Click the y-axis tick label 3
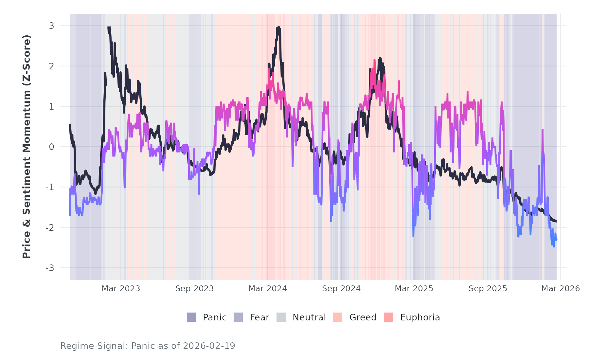point(51,26)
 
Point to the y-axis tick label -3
point(50,268)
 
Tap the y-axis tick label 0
point(51,147)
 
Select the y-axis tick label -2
point(50,228)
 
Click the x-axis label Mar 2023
point(121,289)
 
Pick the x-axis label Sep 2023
point(194,289)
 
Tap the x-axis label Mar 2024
point(268,289)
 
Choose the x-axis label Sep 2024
point(341,289)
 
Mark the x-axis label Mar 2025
point(414,289)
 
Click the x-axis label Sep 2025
point(488,289)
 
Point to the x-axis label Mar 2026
point(561,289)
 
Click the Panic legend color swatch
point(191,317)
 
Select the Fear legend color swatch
point(238,317)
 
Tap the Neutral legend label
point(309,317)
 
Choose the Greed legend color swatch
point(338,317)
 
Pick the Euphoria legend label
point(420,317)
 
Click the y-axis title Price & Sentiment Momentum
point(27,147)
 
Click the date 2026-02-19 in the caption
point(209,346)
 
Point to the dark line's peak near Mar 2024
point(278,27)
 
